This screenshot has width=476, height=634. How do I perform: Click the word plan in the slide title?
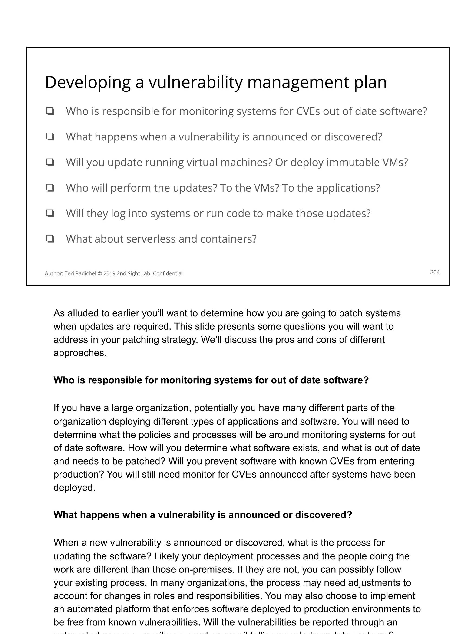tap(370, 83)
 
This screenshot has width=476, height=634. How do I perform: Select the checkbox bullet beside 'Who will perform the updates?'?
tap(50, 188)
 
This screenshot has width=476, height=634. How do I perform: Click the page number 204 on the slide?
tap(435, 272)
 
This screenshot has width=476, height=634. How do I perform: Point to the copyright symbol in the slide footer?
tap(99, 273)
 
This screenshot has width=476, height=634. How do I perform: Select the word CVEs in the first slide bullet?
tap(307, 111)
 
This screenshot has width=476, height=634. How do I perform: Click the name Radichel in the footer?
tap(86, 273)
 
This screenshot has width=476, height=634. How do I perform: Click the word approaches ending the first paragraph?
tap(79, 353)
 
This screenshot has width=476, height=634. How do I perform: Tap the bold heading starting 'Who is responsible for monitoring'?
tap(211, 380)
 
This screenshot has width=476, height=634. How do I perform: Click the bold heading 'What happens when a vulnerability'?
tap(203, 515)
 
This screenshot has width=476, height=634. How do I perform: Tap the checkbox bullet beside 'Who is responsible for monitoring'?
tap(50, 111)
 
